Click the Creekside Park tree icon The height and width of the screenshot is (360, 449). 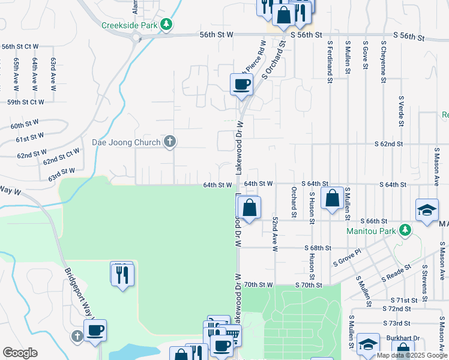[x=167, y=25]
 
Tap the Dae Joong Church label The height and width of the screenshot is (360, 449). [x=125, y=142]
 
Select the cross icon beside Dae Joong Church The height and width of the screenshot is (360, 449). [x=170, y=142]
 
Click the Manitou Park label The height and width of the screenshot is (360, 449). [x=371, y=230]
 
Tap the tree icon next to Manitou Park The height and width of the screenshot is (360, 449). [x=405, y=230]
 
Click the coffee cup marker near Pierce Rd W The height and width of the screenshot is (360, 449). [x=241, y=85]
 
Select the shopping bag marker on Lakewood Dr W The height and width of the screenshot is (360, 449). [x=249, y=208]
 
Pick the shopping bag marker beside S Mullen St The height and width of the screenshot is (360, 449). [x=332, y=199]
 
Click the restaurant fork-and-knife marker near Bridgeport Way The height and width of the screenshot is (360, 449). [x=122, y=275]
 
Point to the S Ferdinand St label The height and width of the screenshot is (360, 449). [x=330, y=58]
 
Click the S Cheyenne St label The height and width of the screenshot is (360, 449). [x=382, y=60]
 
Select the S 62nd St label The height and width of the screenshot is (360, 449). [x=388, y=145]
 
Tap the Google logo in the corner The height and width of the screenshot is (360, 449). [x=20, y=352]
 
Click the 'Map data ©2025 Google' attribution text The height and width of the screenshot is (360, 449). [x=411, y=355]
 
